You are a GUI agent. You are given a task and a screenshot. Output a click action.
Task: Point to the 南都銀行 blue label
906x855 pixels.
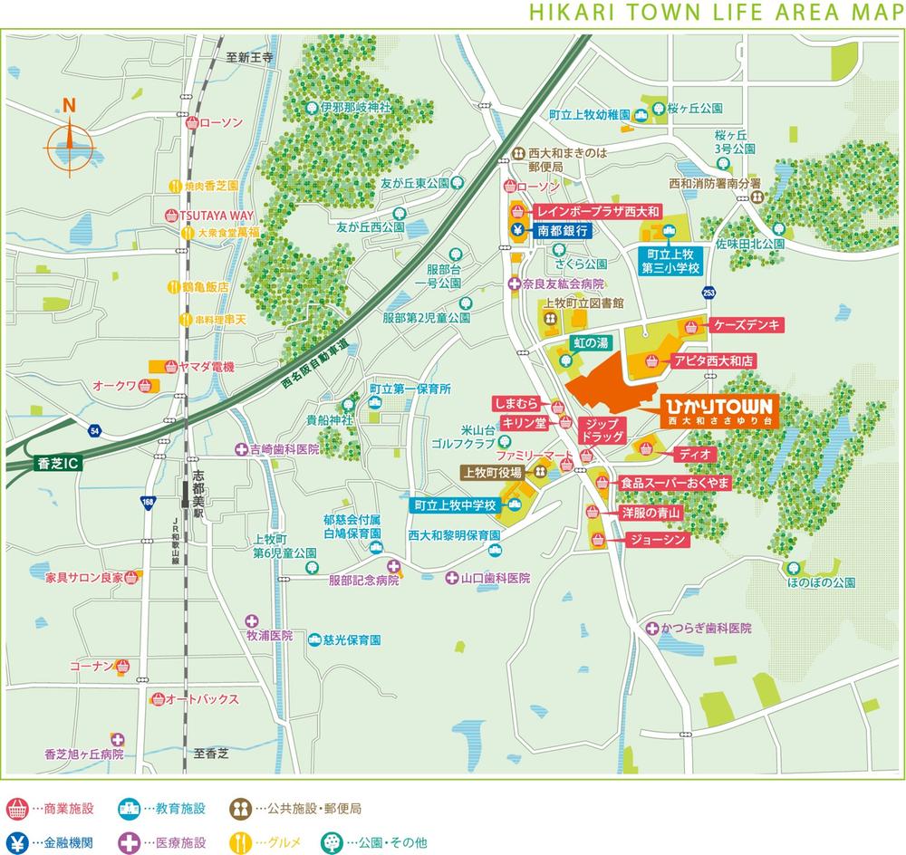pos(563,231)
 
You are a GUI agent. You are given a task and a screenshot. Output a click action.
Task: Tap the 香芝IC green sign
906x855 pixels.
pos(56,463)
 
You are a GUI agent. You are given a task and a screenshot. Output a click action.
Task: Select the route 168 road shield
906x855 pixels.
pos(148,501)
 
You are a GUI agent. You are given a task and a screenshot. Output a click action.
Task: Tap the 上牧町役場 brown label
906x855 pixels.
pos(491,472)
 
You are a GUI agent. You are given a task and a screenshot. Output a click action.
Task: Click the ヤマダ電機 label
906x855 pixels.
pos(207,367)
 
